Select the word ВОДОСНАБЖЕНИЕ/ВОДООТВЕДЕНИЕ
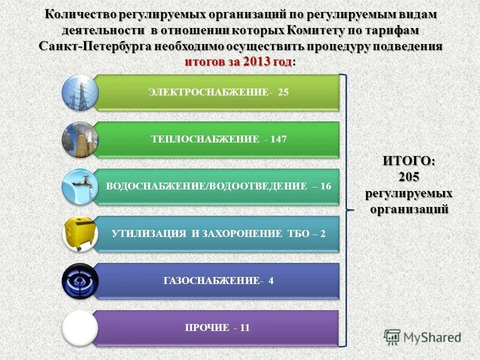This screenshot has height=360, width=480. point(206,186)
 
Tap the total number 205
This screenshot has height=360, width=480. point(408,177)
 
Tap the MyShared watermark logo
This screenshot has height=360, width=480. point(423,337)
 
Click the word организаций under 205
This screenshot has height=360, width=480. point(408,209)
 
